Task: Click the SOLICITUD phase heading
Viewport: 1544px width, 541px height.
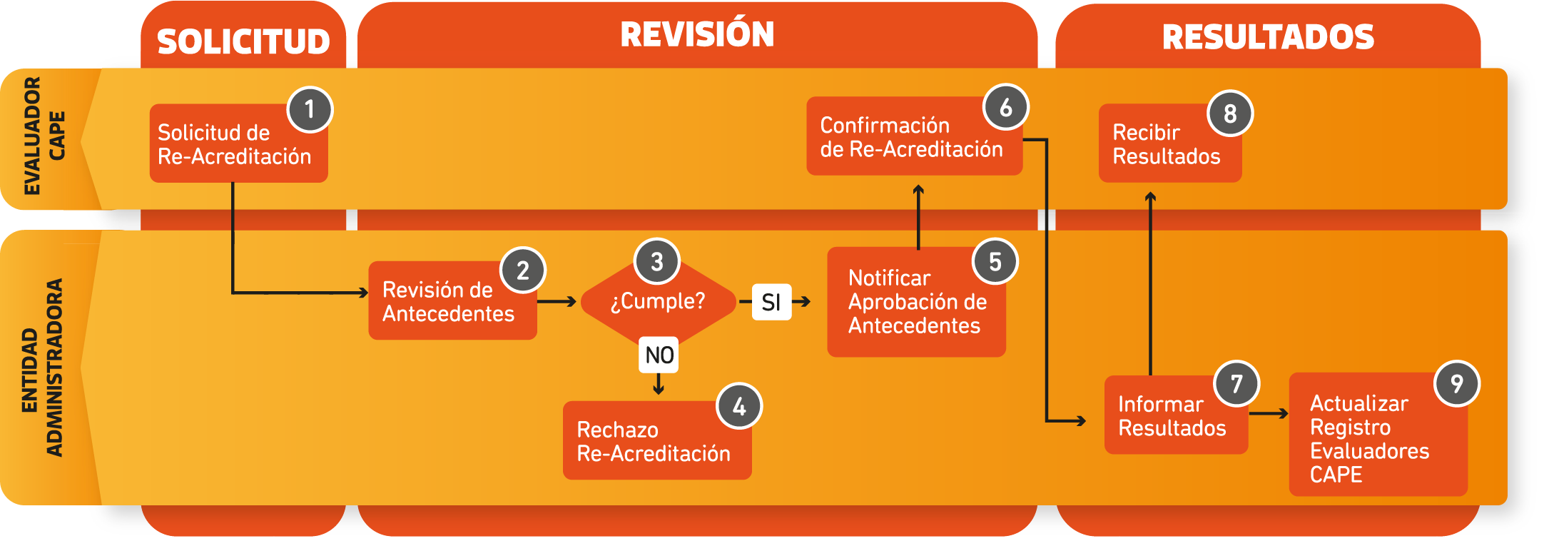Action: click(243, 41)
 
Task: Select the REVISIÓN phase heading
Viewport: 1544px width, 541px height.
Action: click(697, 34)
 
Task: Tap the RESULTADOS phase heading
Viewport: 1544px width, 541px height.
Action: click(1268, 37)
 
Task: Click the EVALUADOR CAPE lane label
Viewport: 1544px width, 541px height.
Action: click(44, 136)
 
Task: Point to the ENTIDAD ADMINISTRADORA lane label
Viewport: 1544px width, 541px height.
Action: click(43, 368)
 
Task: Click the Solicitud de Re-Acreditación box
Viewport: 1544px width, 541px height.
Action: click(235, 144)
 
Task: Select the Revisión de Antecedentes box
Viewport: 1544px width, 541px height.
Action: click(450, 301)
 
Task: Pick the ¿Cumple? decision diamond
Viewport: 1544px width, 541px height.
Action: click(658, 301)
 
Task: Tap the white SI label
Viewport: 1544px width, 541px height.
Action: click(771, 302)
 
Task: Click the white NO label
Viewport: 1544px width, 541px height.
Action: click(659, 355)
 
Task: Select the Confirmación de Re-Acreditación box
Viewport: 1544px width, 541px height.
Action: click(912, 137)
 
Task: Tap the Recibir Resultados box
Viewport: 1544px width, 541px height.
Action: click(1167, 144)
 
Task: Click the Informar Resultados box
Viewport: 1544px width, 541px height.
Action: click(1173, 416)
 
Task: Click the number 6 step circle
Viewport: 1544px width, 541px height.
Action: click(1005, 107)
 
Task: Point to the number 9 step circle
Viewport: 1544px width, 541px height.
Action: click(1457, 383)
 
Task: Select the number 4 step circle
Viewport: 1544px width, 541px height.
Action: click(739, 406)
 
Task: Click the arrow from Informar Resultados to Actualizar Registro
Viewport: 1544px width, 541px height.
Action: click(1269, 413)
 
